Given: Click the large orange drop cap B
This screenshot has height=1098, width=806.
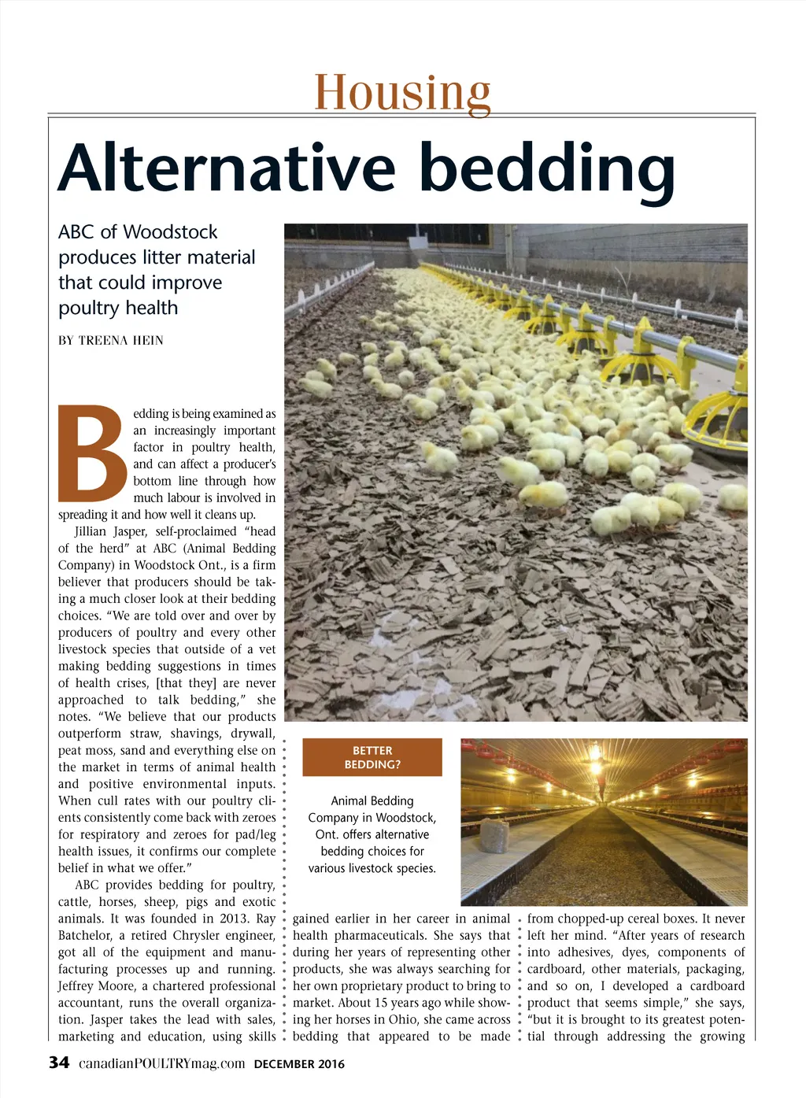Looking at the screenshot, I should (x=91, y=453).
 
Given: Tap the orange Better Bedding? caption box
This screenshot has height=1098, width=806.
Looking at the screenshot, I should (x=372, y=757).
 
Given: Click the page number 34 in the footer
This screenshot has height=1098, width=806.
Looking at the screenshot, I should (x=59, y=1063).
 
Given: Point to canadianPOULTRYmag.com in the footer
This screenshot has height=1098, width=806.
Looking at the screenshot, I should (x=162, y=1064).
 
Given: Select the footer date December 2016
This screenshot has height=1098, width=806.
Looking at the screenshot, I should (x=299, y=1065).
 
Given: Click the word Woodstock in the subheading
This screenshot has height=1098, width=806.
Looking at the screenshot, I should (x=170, y=232).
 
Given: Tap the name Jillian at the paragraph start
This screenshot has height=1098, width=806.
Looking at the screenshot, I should (x=94, y=531).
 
